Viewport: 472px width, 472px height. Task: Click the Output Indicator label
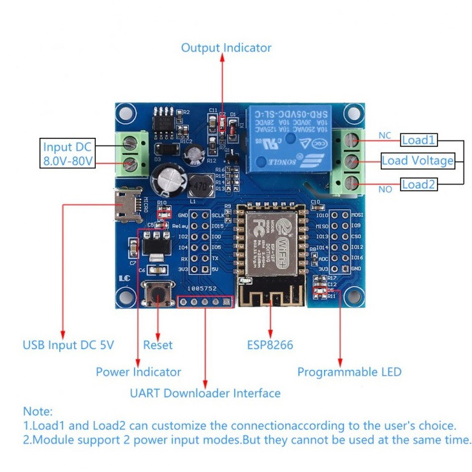point(226,48)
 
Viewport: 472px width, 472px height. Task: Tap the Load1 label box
point(419,139)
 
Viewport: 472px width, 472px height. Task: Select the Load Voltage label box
point(417,161)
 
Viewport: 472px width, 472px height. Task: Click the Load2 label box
point(419,184)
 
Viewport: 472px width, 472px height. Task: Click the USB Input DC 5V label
point(68,345)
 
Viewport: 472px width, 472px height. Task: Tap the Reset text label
point(158,345)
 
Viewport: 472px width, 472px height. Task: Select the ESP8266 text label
point(270,345)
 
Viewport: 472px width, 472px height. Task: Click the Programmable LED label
point(350,371)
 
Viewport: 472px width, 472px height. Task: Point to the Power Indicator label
point(138,371)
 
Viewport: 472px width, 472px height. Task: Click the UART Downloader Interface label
point(205,393)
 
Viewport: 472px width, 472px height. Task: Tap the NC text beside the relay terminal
point(385,135)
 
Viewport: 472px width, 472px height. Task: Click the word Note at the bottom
point(38,412)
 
